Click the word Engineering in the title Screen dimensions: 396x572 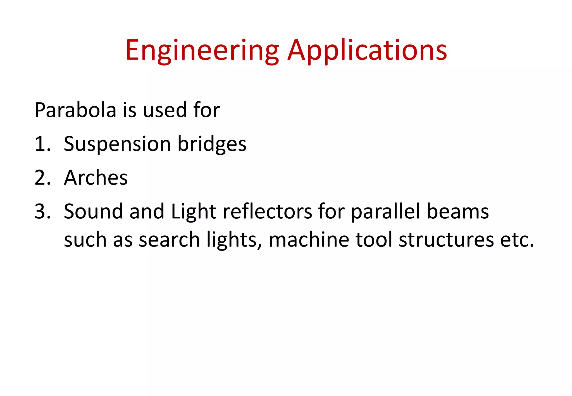pos(202,51)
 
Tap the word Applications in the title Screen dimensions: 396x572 pos(367,51)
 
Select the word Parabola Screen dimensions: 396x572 pos(75,110)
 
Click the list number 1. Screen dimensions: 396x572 pos(42,144)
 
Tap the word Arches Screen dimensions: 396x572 pos(96,178)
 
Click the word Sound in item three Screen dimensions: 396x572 pos(93,211)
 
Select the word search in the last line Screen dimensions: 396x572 pos(169,240)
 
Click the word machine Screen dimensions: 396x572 pos(309,240)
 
